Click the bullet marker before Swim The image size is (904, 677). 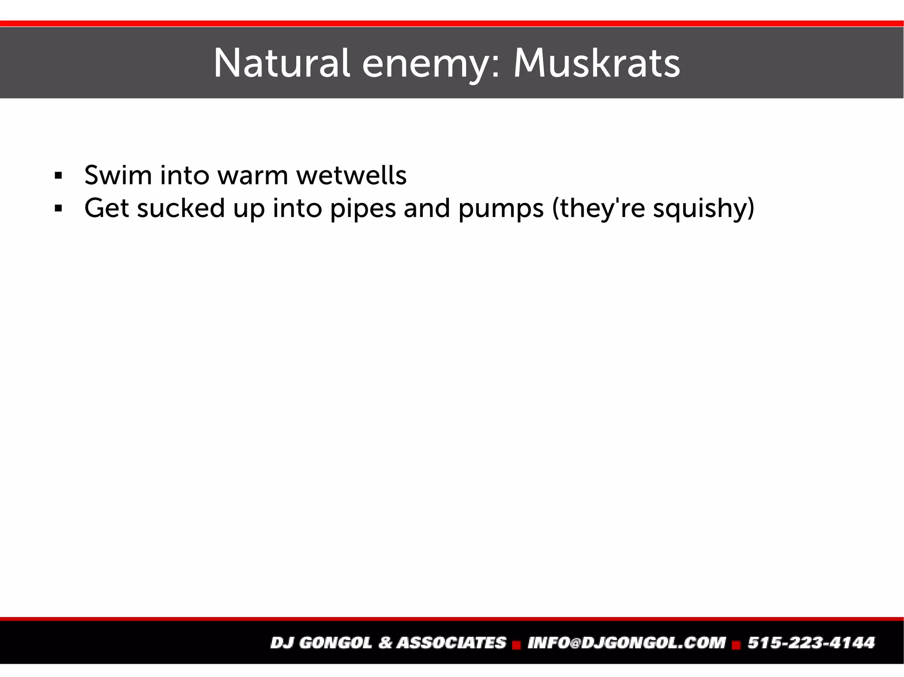58,176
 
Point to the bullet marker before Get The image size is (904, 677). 58,208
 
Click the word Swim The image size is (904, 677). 118,175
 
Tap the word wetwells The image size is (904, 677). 351,175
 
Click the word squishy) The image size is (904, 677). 704,209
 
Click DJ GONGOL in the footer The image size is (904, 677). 321,643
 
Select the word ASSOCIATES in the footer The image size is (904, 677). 451,643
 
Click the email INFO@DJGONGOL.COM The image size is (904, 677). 627,643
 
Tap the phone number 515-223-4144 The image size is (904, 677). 811,643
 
